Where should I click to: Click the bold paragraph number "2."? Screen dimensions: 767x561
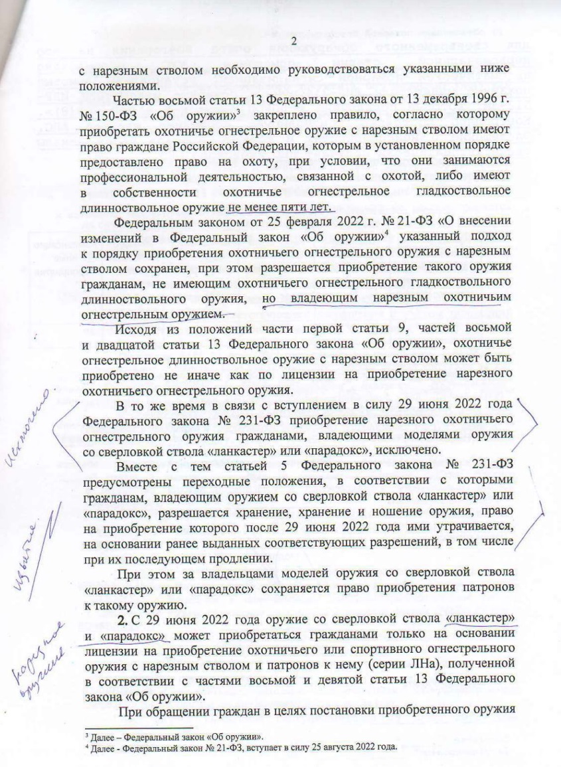(121, 618)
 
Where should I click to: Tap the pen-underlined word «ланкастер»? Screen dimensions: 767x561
(481, 618)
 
